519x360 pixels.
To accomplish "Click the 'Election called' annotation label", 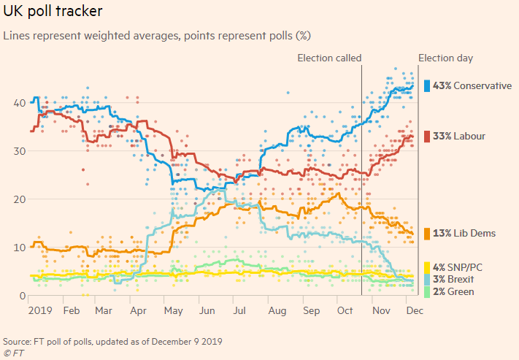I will (329, 58).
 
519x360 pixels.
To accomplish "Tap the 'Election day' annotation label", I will (445, 58).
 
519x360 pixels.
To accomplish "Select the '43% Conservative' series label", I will (472, 85).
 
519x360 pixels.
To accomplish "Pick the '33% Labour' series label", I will (459, 136).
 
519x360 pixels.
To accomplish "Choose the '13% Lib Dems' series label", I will (464, 233).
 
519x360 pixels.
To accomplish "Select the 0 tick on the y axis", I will (17, 296).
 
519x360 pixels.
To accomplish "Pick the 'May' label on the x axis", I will (174, 310).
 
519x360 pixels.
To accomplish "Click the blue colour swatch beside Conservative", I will (426, 85).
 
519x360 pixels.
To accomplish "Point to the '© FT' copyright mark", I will (14, 352).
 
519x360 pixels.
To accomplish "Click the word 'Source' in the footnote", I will (16, 341).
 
